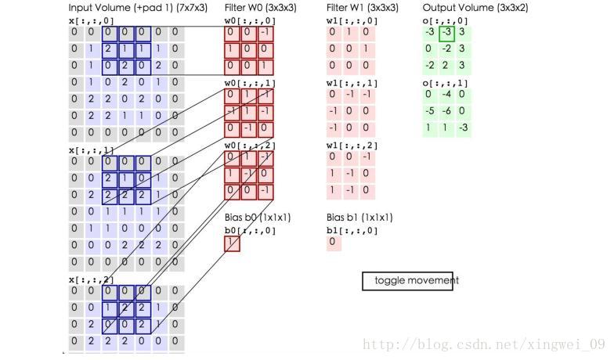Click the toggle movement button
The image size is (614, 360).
pyautogui.click(x=408, y=281)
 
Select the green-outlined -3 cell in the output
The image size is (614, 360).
pyautogui.click(x=446, y=32)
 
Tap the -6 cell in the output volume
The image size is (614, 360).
pyautogui.click(x=446, y=111)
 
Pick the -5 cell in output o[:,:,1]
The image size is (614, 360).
pyautogui.click(x=429, y=111)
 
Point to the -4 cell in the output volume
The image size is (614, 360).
pyautogui.click(x=446, y=95)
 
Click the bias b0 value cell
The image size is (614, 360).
pyautogui.click(x=232, y=243)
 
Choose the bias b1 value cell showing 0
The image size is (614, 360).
pyautogui.click(x=334, y=243)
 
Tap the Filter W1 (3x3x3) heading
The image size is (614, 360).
pyautogui.click(x=362, y=8)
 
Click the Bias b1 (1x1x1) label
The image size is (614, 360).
pyautogui.click(x=359, y=218)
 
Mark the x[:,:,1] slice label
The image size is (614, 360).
pyautogui.click(x=91, y=150)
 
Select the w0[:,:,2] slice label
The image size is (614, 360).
pyautogui.click(x=250, y=146)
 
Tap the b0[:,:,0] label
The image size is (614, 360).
pyautogui.click(x=250, y=231)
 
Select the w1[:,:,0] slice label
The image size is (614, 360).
pyautogui.click(x=352, y=21)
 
